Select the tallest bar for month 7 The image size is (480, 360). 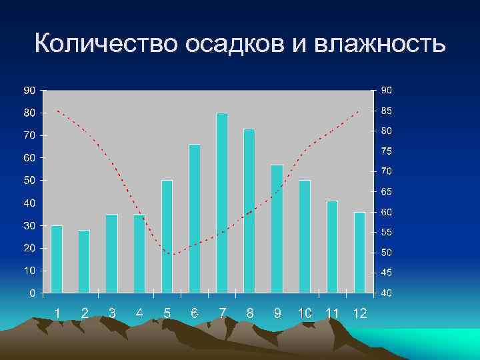(222, 203)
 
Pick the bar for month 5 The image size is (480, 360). (167, 236)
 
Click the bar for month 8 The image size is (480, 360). (249, 211)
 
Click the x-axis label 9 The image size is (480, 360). (277, 313)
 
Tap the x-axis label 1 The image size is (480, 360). (58, 313)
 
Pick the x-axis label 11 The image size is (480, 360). (332, 313)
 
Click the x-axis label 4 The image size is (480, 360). (139, 313)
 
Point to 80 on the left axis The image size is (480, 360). (30, 113)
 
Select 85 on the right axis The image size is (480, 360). (387, 111)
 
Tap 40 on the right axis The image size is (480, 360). (387, 293)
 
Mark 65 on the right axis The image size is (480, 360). (387, 191)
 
